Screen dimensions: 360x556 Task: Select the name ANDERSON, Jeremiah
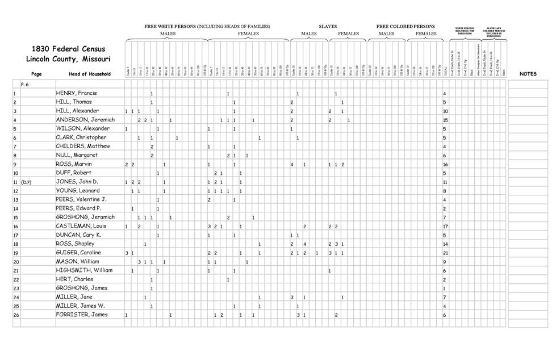85,120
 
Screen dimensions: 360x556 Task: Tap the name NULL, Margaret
76,155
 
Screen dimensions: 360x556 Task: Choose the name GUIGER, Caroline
78,253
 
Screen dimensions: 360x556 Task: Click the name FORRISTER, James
82,315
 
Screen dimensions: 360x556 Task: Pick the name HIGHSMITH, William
84,270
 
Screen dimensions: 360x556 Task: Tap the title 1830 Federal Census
68,49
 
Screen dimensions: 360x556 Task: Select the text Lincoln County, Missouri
68,59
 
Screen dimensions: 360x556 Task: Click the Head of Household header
85,74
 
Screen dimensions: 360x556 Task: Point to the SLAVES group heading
328,26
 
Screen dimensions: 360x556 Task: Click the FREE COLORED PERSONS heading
405,26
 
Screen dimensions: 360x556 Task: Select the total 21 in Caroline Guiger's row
446,253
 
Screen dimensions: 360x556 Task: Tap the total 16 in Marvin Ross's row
446,164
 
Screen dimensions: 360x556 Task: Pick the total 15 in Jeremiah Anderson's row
446,120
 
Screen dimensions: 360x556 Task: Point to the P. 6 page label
26,84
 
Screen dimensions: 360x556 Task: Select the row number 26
16,315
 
